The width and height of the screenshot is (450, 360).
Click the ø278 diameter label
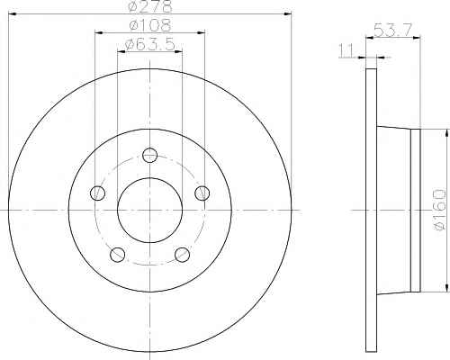pos(150,6)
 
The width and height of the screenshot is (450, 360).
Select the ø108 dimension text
pos(150,25)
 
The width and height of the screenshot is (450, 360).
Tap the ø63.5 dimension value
pos(149,45)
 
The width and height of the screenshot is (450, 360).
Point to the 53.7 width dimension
pos(393,30)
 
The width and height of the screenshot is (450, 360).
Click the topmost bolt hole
pos(149,155)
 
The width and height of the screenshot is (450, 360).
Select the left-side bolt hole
pos(97,193)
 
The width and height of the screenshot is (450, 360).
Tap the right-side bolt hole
pos(202,193)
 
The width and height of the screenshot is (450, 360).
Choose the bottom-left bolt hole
pos(118,255)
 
